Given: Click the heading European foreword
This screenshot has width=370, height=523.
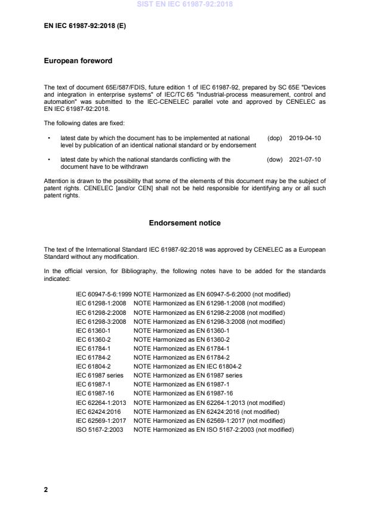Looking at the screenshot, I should [78, 61].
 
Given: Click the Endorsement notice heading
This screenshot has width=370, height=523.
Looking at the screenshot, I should [184, 223].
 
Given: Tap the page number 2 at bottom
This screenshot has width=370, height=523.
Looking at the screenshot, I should [47, 490].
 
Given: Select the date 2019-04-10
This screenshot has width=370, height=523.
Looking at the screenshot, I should [304, 138].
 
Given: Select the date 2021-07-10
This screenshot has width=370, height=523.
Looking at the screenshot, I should [304, 160].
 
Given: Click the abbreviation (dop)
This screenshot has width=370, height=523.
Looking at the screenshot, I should [275, 138].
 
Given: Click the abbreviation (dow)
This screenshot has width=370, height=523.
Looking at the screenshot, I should [275, 160].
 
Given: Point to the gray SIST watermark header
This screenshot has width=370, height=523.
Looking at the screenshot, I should [184, 4].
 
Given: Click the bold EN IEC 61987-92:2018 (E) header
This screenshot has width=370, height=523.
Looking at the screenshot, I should [85, 26].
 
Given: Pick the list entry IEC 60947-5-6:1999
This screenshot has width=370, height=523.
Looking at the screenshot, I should [103, 295].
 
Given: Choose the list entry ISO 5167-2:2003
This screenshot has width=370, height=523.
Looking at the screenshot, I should [100, 429].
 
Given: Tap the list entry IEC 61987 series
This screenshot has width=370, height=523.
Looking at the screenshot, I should [100, 376].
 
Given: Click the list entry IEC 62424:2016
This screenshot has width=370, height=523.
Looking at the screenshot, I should [98, 411].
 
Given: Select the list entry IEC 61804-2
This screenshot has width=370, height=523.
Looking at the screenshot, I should [93, 367].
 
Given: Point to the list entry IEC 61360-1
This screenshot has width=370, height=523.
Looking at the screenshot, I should [93, 330].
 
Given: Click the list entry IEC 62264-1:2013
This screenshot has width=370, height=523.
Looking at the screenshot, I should [101, 403].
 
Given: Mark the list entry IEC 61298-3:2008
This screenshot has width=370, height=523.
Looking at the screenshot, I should [101, 321].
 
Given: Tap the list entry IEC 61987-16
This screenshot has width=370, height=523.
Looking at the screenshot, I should [95, 394].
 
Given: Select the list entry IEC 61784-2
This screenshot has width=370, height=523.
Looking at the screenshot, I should [93, 358].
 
